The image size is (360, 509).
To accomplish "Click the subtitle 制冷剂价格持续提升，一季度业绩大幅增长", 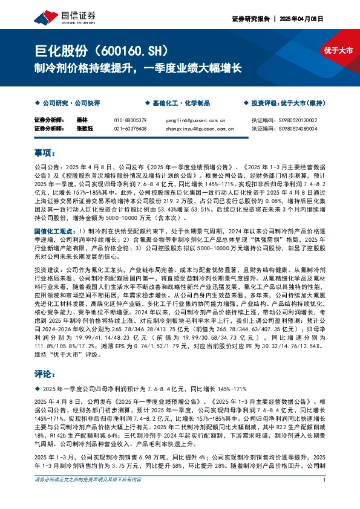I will click(137, 68).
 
